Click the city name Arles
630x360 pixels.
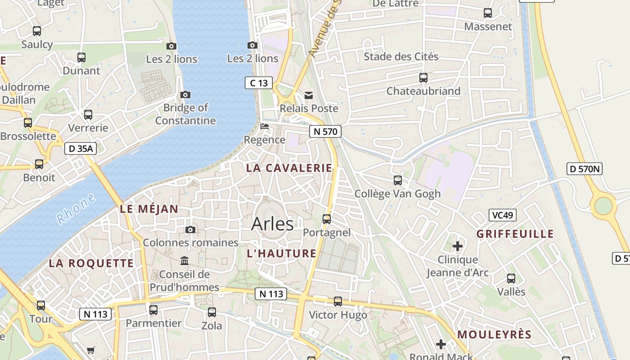coord(272,224)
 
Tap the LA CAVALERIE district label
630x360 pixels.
coord(289,168)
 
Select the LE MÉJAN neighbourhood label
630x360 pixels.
coord(149,209)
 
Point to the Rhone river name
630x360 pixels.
coord(76,209)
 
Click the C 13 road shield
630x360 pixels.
coord(259,83)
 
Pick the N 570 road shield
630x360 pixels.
coord(325,131)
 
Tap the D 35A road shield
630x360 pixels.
coord(81,148)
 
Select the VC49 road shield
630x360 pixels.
coord(502,215)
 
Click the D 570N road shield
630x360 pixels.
coord(584,169)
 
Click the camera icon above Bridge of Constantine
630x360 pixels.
coord(185,94)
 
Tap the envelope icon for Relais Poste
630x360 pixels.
coord(309,95)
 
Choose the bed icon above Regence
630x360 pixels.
coord(265,126)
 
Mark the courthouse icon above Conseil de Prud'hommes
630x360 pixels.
coord(184,261)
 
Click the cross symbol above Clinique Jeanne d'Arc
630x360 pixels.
coord(458,246)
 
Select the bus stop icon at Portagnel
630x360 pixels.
coord(327,219)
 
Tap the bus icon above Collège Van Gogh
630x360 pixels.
coord(397,180)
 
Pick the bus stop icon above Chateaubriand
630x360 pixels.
coord(423,78)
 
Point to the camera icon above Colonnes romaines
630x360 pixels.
coord(190,229)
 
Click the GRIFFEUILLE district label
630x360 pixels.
coord(515,234)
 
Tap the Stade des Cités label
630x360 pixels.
coord(401,57)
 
